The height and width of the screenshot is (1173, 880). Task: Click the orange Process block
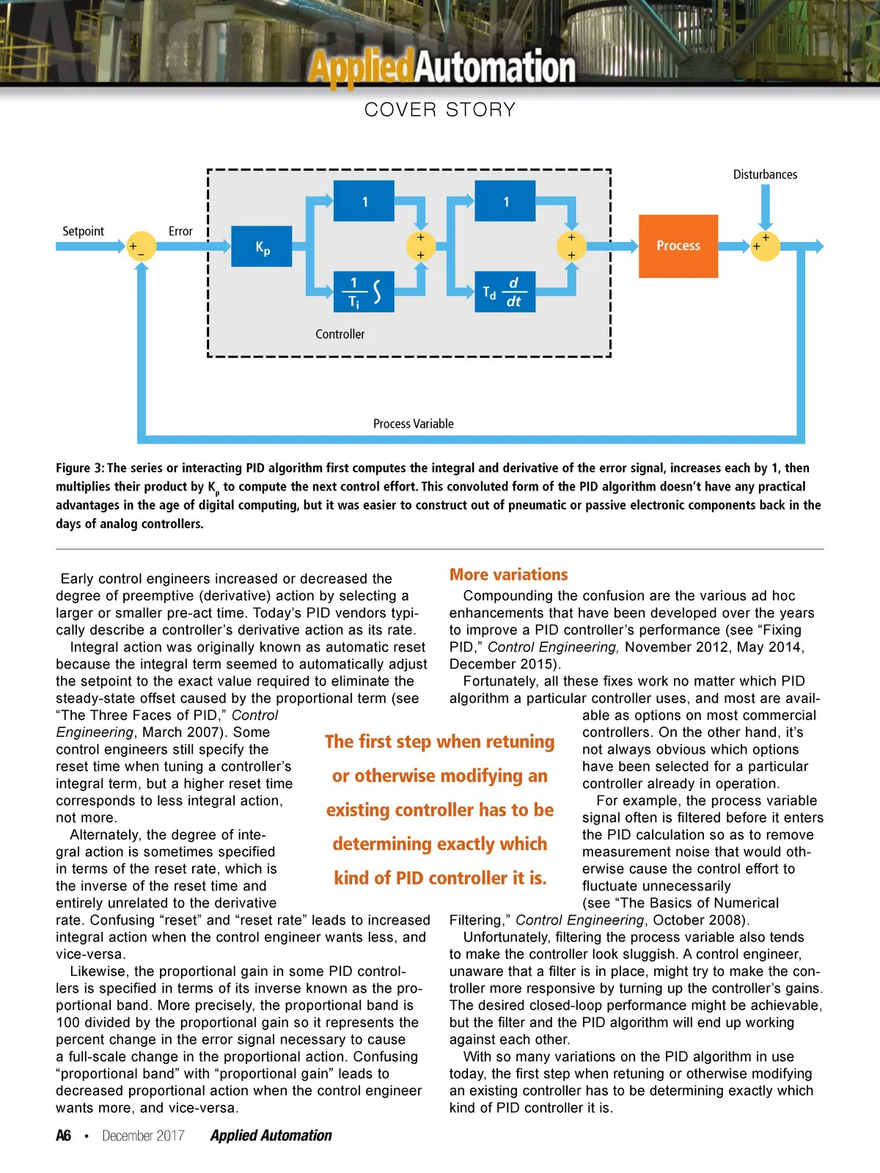tap(678, 246)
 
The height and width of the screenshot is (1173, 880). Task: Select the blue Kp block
tap(262, 246)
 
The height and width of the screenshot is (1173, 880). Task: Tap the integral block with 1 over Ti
tap(364, 292)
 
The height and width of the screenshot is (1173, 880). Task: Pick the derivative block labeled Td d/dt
tap(505, 292)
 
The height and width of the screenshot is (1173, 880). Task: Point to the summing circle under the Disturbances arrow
tap(765, 246)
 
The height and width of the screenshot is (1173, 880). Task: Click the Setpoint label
tap(83, 231)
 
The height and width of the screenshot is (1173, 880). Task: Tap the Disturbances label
tap(765, 174)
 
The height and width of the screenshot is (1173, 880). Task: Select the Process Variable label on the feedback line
tap(414, 424)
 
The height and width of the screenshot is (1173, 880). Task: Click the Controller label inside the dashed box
tap(340, 334)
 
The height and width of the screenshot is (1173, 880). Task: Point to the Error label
tap(180, 231)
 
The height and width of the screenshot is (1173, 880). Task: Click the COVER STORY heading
tap(440, 110)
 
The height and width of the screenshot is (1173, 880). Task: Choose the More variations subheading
tap(509, 575)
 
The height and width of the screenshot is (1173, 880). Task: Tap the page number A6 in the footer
tap(64, 1136)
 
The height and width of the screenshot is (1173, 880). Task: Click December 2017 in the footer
tap(143, 1136)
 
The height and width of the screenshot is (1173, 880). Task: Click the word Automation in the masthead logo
tap(496, 67)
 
